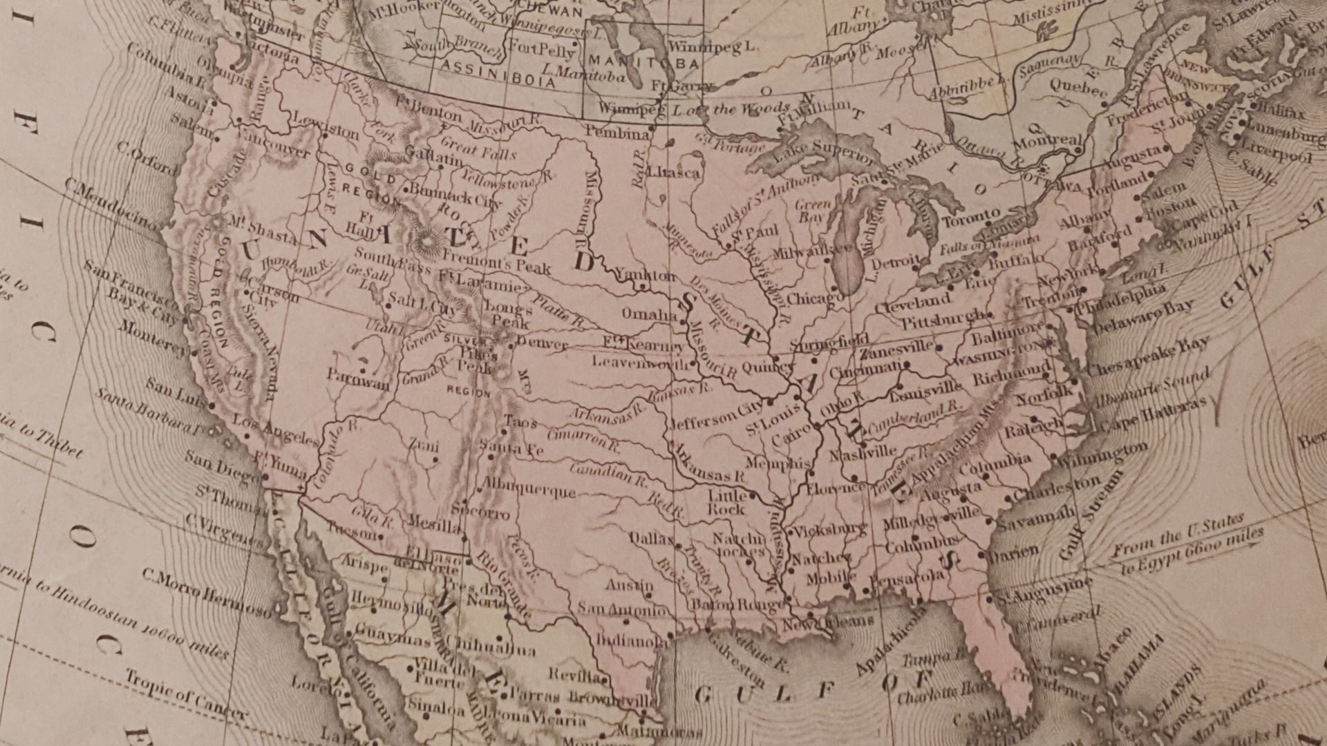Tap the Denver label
click(543, 343)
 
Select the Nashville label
click(863, 454)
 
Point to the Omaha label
click(649, 315)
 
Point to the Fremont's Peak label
click(496, 262)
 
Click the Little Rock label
click(726, 502)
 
